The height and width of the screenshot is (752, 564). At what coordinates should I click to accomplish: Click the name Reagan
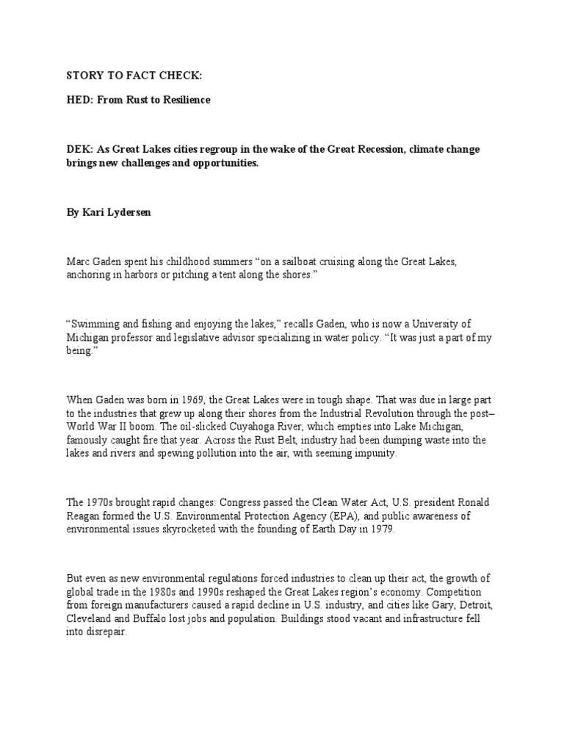[x=84, y=516]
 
